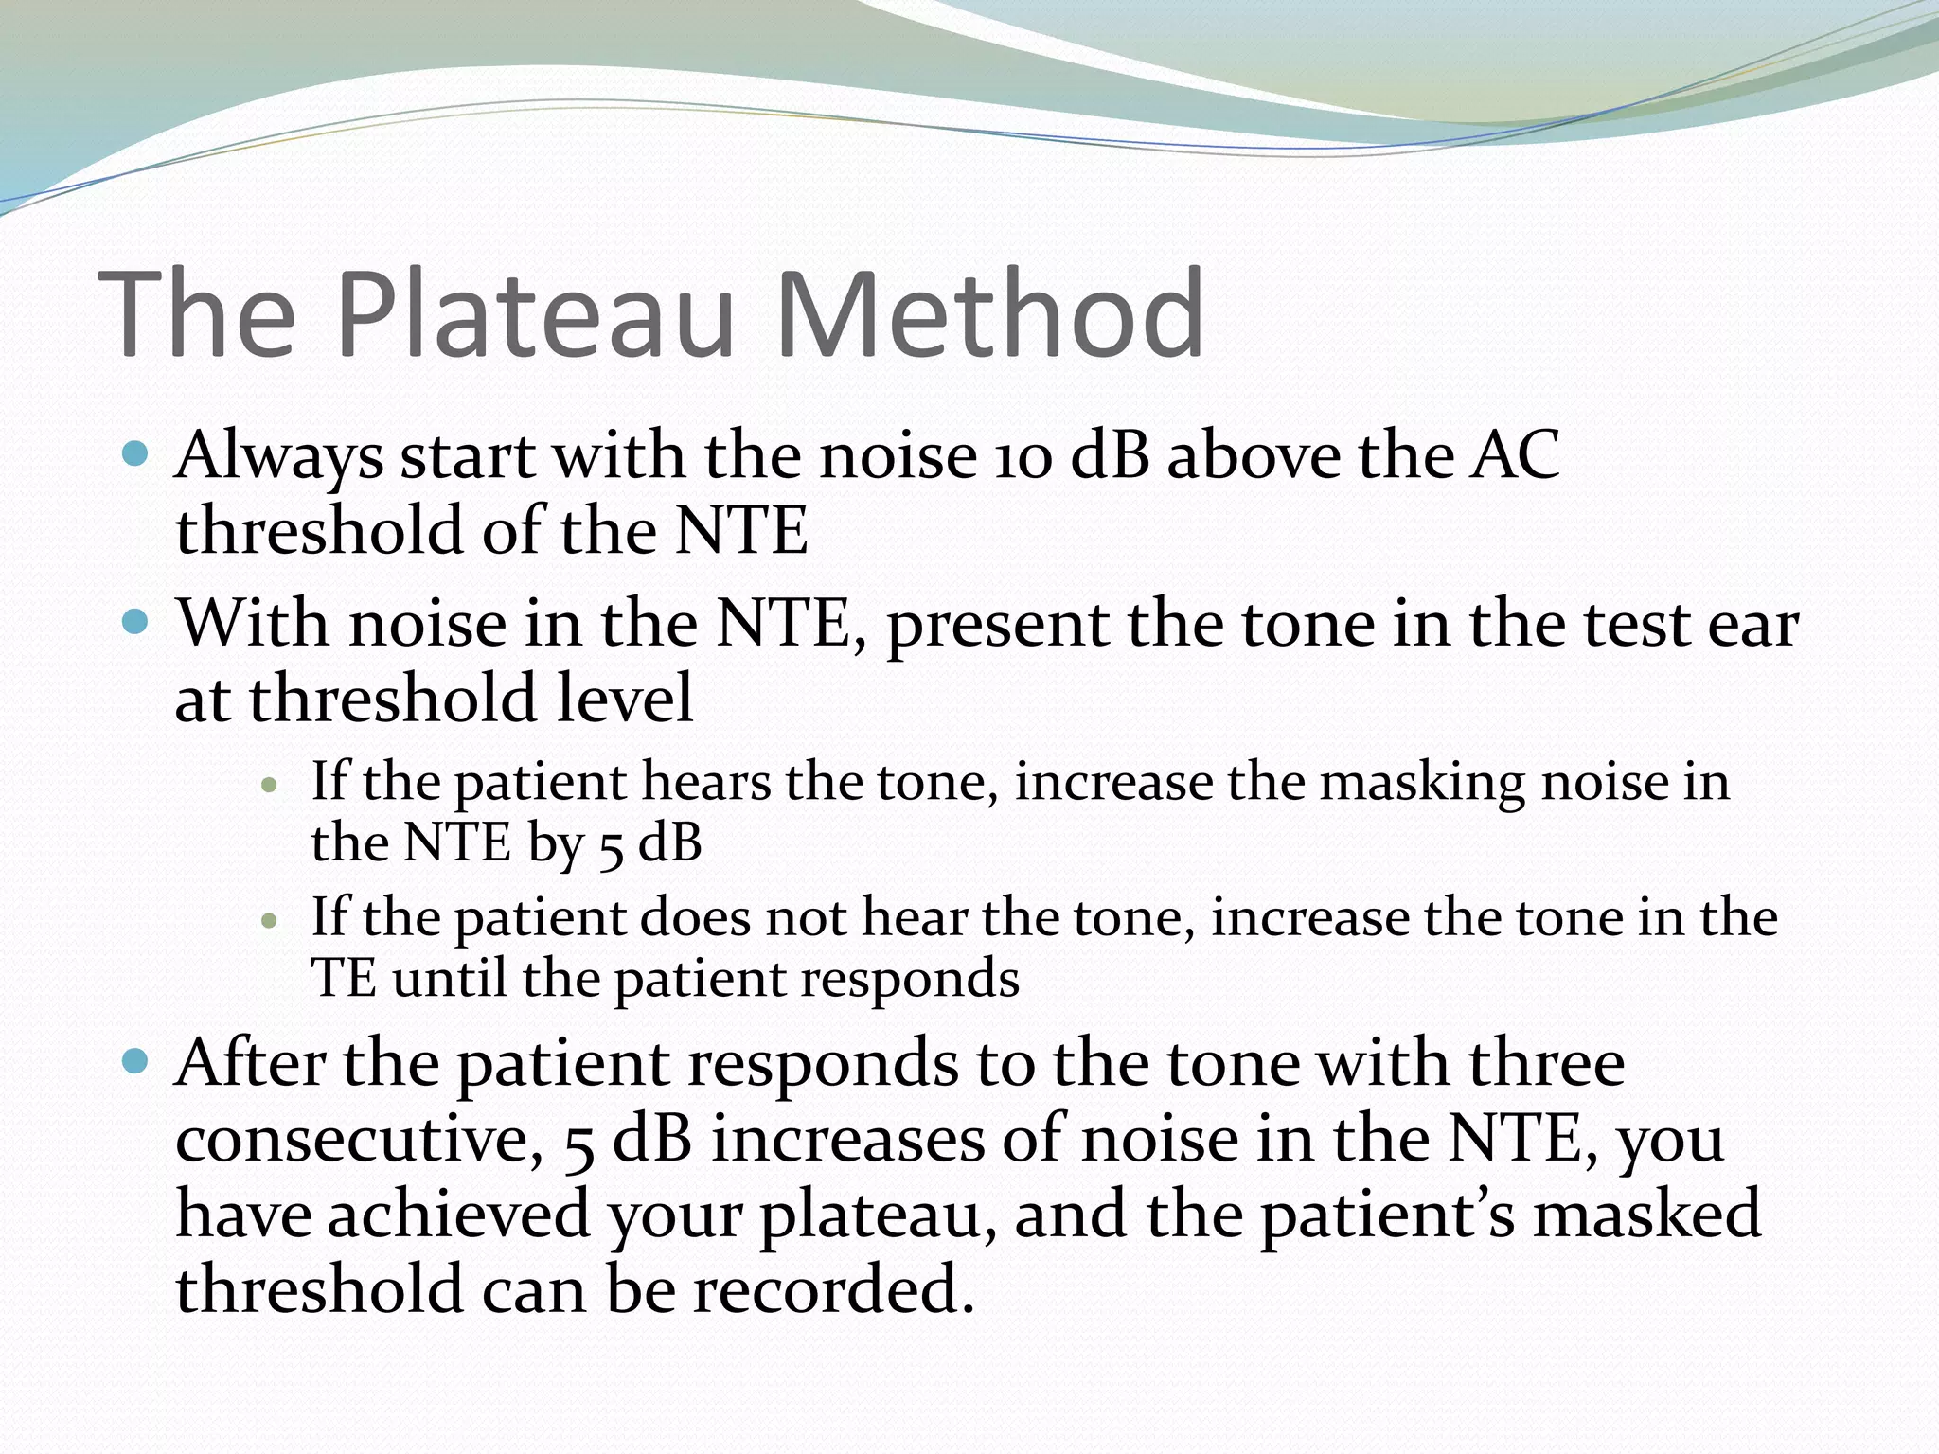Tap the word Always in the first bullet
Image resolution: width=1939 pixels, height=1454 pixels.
click(x=279, y=456)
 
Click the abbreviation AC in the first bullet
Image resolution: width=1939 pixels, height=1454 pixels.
click(x=1514, y=456)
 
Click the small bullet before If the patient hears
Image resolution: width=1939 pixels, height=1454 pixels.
click(x=270, y=785)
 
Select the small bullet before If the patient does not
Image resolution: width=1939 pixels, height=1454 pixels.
click(x=270, y=920)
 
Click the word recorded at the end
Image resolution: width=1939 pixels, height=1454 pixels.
click(x=833, y=1289)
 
